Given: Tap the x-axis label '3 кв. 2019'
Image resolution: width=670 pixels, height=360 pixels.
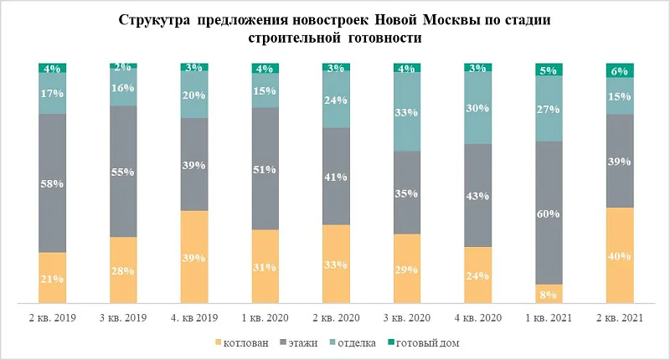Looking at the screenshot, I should coord(124,319).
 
